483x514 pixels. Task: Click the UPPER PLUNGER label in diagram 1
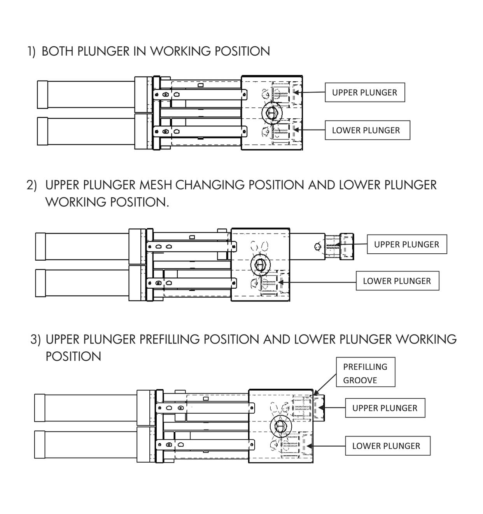(365, 93)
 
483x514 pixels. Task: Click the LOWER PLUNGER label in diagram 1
(367, 130)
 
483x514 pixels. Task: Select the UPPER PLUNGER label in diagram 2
(407, 244)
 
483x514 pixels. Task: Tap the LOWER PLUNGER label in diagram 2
(397, 281)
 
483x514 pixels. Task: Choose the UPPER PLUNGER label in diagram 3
(385, 408)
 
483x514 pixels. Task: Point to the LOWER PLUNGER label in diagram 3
(387, 446)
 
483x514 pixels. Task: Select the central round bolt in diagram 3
(280, 426)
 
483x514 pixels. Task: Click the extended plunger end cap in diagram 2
(347, 246)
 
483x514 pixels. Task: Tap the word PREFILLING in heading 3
(170, 339)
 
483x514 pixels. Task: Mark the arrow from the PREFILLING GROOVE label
(325, 384)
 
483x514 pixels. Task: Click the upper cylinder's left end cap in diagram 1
(42, 95)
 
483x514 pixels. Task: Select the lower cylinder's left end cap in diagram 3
(40, 444)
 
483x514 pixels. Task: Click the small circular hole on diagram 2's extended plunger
(317, 246)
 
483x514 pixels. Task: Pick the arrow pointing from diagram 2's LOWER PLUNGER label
(317, 282)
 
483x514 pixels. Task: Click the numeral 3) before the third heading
(36, 340)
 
